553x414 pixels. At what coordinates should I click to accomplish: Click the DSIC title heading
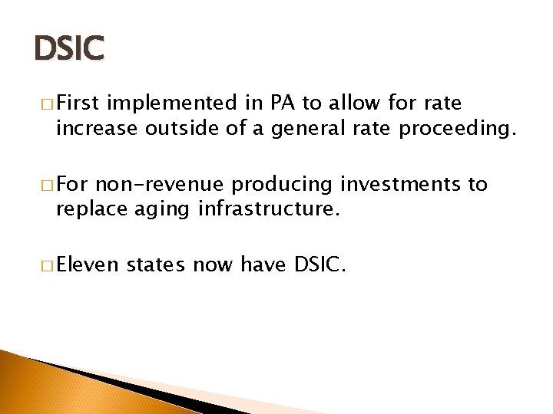(x=68, y=50)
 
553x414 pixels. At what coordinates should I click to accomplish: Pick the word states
(x=156, y=265)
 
